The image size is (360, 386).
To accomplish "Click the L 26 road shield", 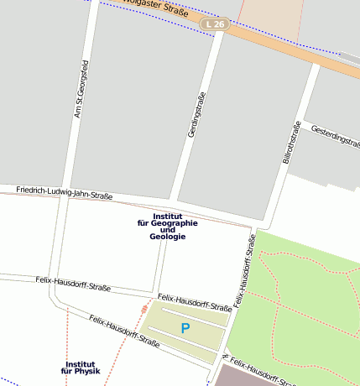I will pyautogui.click(x=215, y=25).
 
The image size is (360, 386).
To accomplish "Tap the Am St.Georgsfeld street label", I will pyautogui.click(x=81, y=88).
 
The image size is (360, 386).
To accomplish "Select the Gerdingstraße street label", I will pyautogui.click(x=196, y=115).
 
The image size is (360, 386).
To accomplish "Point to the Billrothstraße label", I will pyautogui.click(x=290, y=142).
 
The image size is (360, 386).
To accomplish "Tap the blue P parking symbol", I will pyautogui.click(x=185, y=328).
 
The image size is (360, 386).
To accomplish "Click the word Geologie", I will pyautogui.click(x=168, y=237).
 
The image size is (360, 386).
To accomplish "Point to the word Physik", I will pyautogui.click(x=86, y=371).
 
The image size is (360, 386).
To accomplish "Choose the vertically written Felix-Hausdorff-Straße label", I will pyautogui.click(x=243, y=269).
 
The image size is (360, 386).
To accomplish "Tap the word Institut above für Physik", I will pyautogui.click(x=80, y=363).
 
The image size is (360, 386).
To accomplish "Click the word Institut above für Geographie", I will pyautogui.click(x=168, y=216).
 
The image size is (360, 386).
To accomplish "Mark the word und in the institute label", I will pyautogui.click(x=168, y=230).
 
